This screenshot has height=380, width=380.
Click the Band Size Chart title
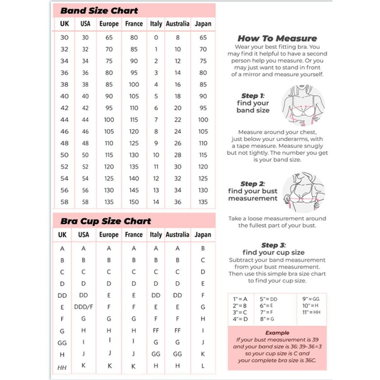(99, 10)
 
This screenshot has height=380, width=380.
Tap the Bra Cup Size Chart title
(105, 221)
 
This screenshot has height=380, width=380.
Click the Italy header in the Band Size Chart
(156, 23)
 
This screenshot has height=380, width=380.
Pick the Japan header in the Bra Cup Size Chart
(203, 235)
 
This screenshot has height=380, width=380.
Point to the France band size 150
(134, 202)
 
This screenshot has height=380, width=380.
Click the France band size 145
(134, 190)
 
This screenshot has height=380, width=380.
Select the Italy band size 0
(156, 37)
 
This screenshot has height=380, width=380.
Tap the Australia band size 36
(178, 202)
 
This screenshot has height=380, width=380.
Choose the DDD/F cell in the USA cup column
(84, 307)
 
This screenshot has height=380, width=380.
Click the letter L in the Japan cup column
(203, 366)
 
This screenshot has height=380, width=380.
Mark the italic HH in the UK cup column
(62, 367)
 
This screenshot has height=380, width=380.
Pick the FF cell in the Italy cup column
(156, 331)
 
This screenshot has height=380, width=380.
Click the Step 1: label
(252, 95)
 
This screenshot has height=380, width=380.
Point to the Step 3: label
(273, 245)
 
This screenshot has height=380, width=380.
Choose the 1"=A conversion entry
(240, 299)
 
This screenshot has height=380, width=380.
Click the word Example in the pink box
(277, 333)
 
